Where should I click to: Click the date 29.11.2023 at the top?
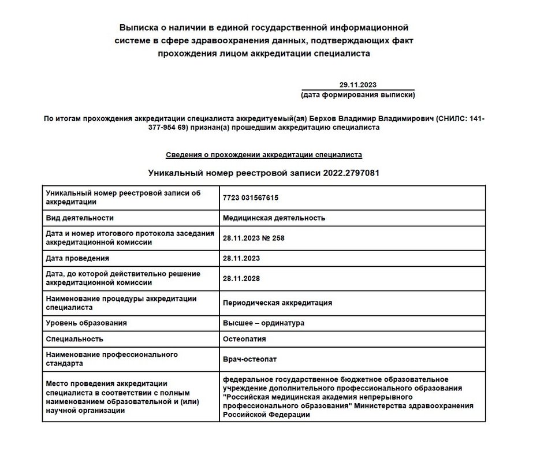click(x=358, y=85)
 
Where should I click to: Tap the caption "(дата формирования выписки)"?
click(x=358, y=94)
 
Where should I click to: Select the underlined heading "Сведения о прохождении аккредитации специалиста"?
click(x=264, y=155)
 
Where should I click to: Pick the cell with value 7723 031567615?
click(x=251, y=198)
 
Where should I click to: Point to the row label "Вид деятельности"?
click(x=80, y=218)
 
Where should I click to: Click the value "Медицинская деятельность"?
click(x=274, y=218)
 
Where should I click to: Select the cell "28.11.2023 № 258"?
click(x=254, y=238)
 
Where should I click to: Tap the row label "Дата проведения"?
click(x=77, y=258)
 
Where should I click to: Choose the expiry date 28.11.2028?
click(x=241, y=278)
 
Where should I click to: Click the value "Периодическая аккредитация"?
click(x=277, y=303)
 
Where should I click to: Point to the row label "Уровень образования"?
click(x=86, y=323)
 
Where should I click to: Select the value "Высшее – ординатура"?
click(x=263, y=323)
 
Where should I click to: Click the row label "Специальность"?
click(x=74, y=339)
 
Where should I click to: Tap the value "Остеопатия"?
click(x=244, y=339)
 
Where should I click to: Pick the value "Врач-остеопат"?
click(x=249, y=359)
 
